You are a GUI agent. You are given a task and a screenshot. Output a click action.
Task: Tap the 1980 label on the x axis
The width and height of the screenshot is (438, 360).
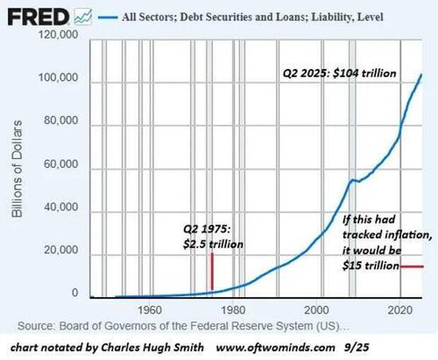click(x=233, y=309)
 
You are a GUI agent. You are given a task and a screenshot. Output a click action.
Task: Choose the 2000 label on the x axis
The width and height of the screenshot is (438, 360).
click(x=317, y=309)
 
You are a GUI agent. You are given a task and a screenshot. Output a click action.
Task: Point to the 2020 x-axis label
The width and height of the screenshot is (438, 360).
click(x=401, y=309)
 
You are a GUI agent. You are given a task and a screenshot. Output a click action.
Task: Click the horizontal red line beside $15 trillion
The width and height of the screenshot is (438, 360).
click(x=411, y=266)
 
